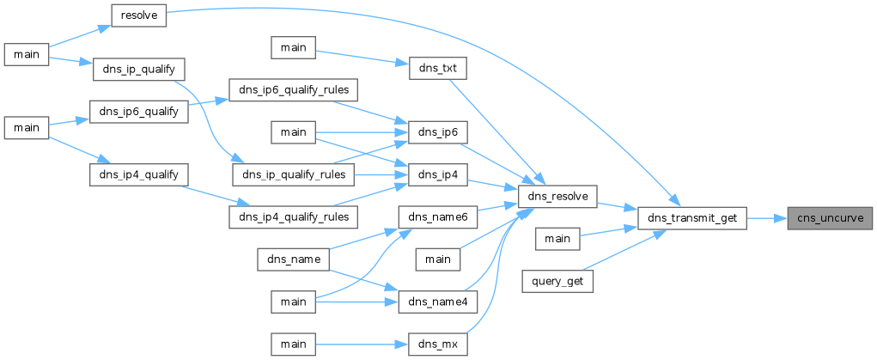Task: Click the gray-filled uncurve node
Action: [830, 217]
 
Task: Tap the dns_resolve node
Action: [558, 197]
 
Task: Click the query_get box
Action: [557, 281]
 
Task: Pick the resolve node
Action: [139, 15]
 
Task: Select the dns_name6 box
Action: [437, 217]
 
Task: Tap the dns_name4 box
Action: [437, 302]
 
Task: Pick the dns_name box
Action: [294, 259]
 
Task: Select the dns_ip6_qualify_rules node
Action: [294, 90]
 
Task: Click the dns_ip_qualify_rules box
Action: [294, 175]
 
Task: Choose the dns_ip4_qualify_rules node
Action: [294, 217]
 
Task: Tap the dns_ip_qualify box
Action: [138, 69]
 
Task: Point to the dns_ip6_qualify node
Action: [138, 111]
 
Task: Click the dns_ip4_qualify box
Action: [138, 174]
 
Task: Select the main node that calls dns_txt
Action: [294, 47]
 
